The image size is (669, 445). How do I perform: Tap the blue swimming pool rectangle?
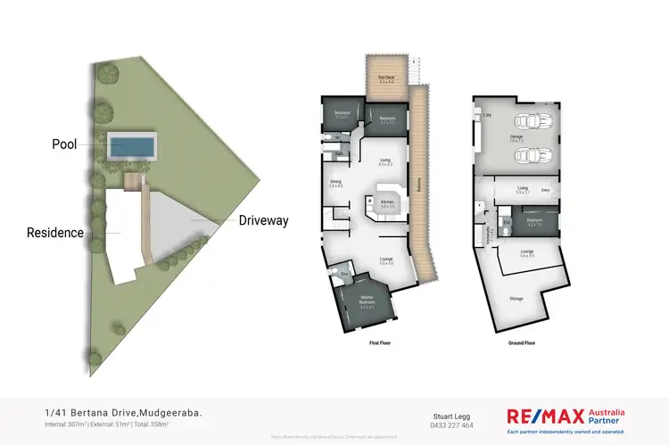(132, 144)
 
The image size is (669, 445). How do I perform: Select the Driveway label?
(262, 220)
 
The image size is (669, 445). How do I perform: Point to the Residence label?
(55, 233)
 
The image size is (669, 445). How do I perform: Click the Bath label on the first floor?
(340, 153)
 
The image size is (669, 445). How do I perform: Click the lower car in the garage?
(534, 154)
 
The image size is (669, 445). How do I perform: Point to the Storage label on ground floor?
(516, 300)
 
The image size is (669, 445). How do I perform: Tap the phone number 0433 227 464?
(452, 425)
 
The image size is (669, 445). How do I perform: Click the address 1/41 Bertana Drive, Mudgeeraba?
(123, 413)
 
